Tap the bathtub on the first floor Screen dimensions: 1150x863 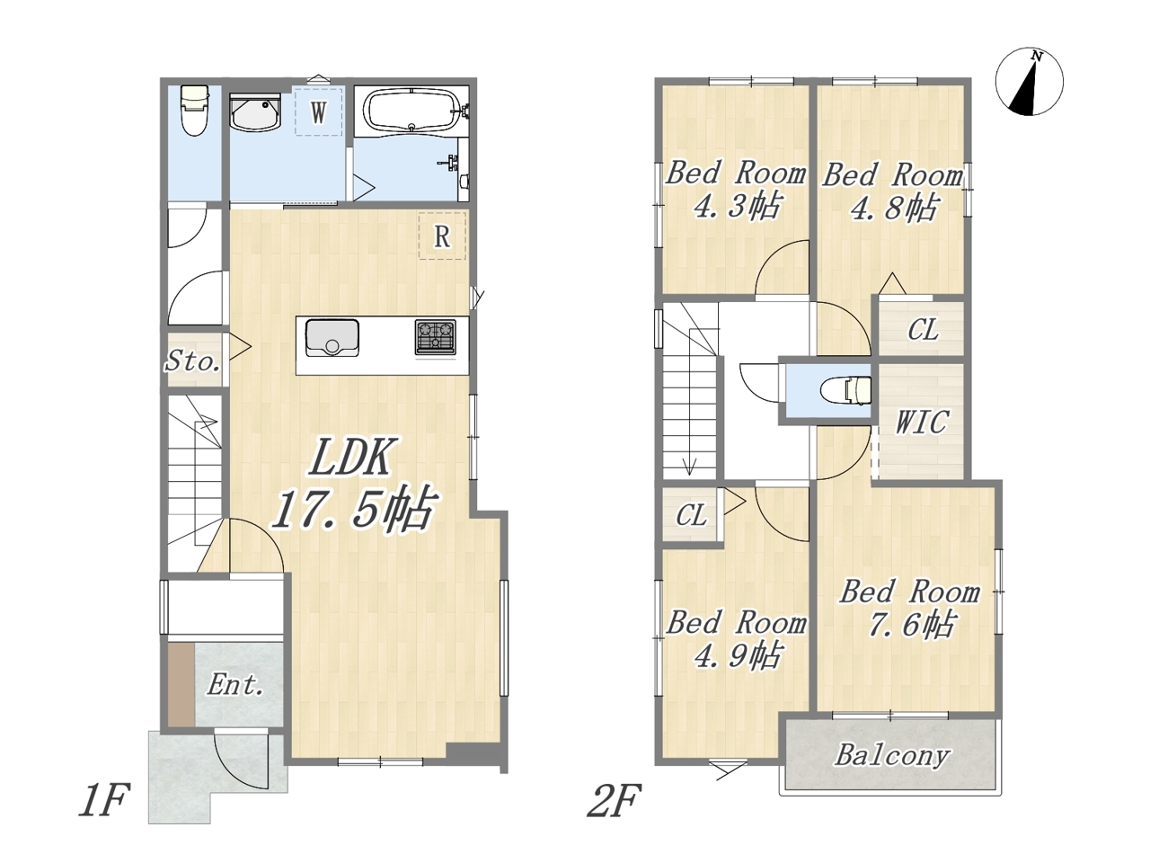[x=412, y=110]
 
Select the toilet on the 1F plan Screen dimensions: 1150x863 [x=194, y=111]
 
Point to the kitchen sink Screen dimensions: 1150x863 [x=332, y=337]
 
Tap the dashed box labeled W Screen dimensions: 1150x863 [x=318, y=111]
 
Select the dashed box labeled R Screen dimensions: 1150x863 [x=442, y=236]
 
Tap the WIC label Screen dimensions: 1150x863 [x=922, y=422]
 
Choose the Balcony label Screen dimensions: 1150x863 [x=892, y=755]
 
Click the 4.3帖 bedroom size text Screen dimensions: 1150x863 [x=737, y=207]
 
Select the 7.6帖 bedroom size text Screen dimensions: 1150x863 [x=911, y=625]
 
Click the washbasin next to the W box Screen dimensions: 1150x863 [x=255, y=112]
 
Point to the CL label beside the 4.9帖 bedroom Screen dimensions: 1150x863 [x=691, y=516]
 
